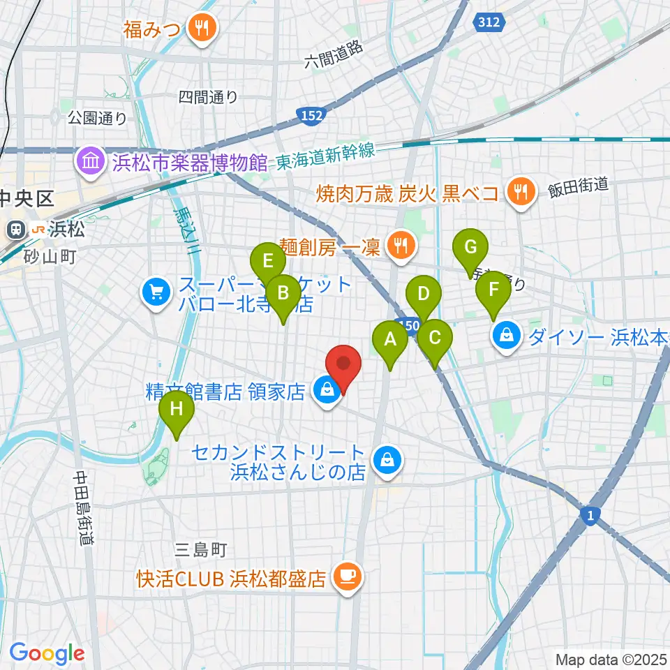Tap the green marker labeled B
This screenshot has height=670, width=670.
coord(283,293)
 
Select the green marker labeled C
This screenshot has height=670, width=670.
coord(435,338)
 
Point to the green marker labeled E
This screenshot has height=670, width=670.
coord(267,262)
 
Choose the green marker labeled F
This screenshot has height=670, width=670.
coord(493,290)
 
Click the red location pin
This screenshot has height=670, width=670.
coord(343,365)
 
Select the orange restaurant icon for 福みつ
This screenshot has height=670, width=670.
coord(203,28)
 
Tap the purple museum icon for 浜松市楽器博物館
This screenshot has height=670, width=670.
coord(91,162)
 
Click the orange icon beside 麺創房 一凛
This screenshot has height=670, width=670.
coord(400,246)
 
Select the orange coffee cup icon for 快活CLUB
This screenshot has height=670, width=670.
coord(347,577)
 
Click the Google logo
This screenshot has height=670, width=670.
coord(47,653)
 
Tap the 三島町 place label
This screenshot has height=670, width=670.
coord(201,550)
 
